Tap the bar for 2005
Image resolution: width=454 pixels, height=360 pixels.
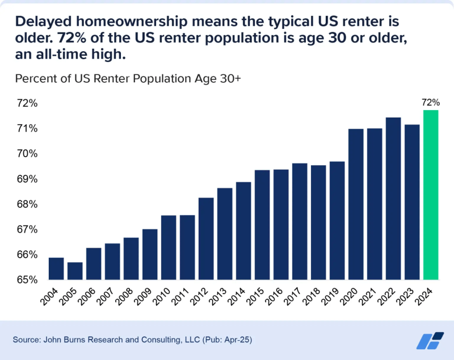(x=75, y=271)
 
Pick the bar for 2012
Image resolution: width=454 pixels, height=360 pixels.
(x=206, y=238)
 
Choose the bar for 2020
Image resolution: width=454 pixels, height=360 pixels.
(x=356, y=204)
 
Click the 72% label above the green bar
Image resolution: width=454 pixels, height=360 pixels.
(x=431, y=103)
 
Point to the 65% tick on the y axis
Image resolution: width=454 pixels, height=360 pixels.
(x=27, y=280)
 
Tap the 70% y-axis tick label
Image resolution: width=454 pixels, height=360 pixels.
(x=27, y=154)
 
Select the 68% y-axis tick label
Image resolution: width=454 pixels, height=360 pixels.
(x=27, y=204)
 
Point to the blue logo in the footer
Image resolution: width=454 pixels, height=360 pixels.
(x=430, y=340)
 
